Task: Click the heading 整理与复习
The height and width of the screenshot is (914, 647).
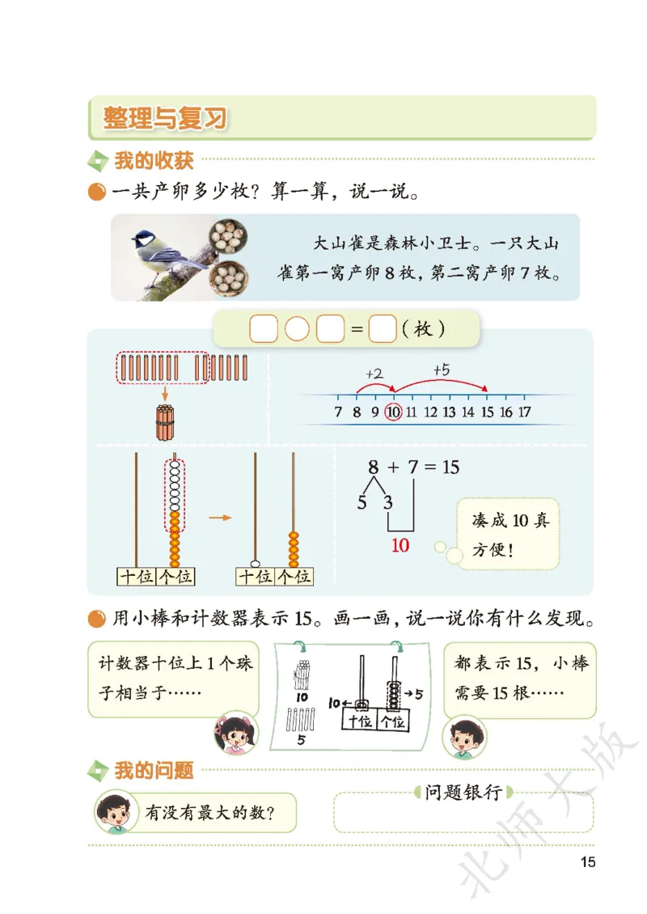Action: (165, 118)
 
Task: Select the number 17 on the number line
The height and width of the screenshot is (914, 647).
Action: (524, 413)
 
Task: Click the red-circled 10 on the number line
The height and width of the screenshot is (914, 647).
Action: (394, 413)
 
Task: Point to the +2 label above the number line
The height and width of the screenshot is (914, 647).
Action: (374, 374)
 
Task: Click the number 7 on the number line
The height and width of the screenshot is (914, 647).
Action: (338, 413)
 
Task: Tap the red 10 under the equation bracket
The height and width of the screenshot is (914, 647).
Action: (400, 545)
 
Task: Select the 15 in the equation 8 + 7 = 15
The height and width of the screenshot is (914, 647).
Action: (450, 468)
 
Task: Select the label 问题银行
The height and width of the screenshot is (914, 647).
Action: (463, 793)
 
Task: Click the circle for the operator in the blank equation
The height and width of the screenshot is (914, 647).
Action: (298, 330)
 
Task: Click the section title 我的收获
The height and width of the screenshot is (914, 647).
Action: (154, 160)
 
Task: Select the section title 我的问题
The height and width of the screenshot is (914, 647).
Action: (154, 771)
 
